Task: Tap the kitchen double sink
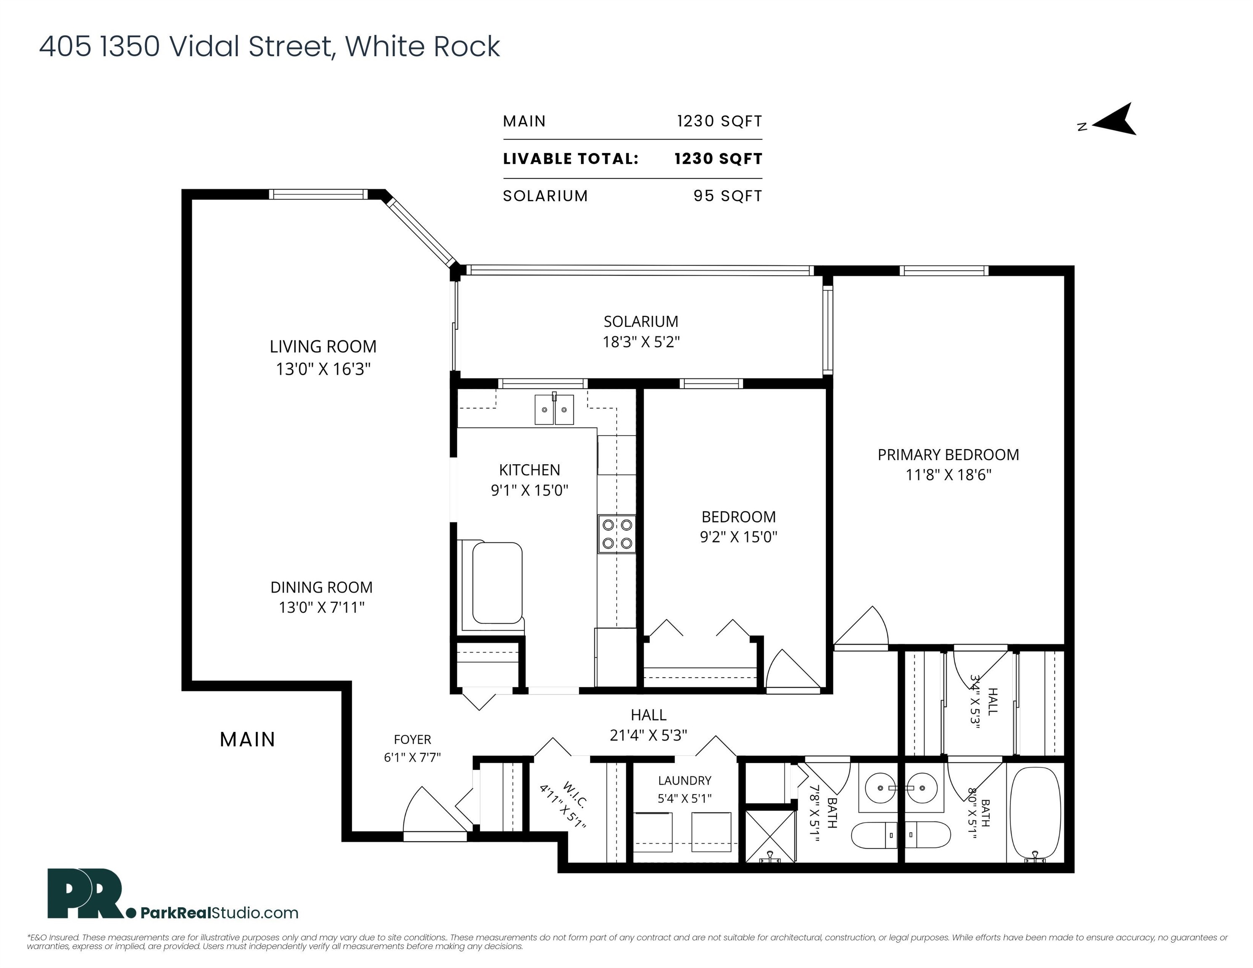pyautogui.click(x=554, y=410)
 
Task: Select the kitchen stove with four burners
pyautogui.click(x=617, y=534)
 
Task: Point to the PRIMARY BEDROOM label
pyautogui.click(x=948, y=455)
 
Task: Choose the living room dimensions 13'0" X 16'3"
pyautogui.click(x=324, y=369)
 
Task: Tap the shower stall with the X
pyautogui.click(x=770, y=836)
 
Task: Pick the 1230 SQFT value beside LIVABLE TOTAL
pyautogui.click(x=718, y=159)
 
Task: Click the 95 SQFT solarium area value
pyautogui.click(x=728, y=196)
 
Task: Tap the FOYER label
pyautogui.click(x=412, y=740)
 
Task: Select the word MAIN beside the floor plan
pyautogui.click(x=248, y=740)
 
